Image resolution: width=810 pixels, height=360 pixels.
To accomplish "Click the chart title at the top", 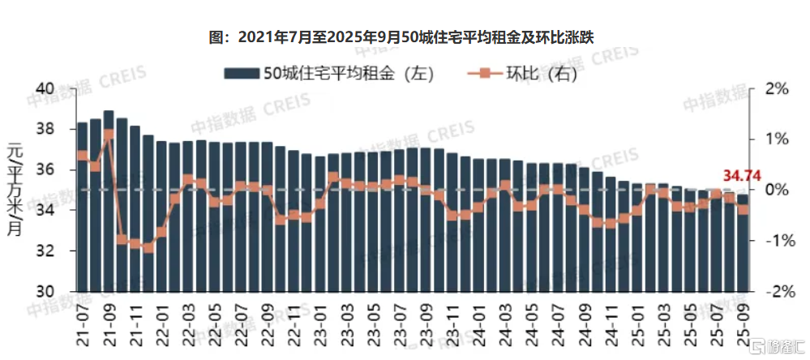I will (406, 36).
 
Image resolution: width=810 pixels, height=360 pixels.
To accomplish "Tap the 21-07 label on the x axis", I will (82, 324).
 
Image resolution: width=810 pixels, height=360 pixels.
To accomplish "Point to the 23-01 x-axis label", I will (320, 324).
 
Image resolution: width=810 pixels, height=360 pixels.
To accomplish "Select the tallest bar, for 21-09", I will (109, 203).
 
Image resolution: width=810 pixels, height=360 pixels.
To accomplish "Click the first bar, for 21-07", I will (82, 207).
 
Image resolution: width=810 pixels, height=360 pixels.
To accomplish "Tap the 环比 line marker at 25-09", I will (743, 209).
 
